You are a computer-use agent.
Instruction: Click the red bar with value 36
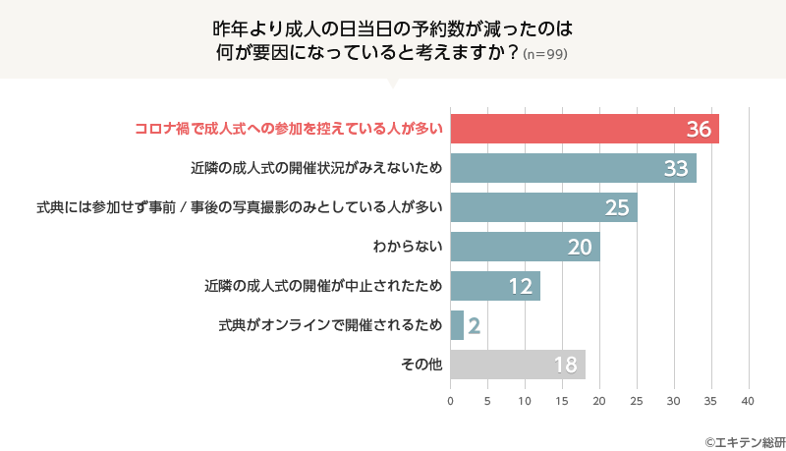[x=584, y=129]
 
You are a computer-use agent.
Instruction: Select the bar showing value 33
[x=573, y=168]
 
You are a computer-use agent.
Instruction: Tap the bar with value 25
[x=543, y=207]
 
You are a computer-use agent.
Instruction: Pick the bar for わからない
[x=525, y=247]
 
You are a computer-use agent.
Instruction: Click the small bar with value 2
[x=457, y=325]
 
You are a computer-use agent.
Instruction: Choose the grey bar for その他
[x=518, y=365]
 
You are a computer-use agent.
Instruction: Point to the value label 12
[x=521, y=287]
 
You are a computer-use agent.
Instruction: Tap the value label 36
[x=699, y=130]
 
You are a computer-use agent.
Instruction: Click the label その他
[x=421, y=365]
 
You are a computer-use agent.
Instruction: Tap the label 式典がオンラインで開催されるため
[x=330, y=325]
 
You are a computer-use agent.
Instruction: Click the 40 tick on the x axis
[x=748, y=401]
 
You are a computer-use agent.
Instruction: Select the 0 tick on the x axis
[x=451, y=401]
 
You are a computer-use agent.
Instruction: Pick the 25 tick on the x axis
[x=637, y=401]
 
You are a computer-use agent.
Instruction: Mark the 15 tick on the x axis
[x=562, y=401]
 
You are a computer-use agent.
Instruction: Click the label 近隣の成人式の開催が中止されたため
[x=320, y=286]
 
